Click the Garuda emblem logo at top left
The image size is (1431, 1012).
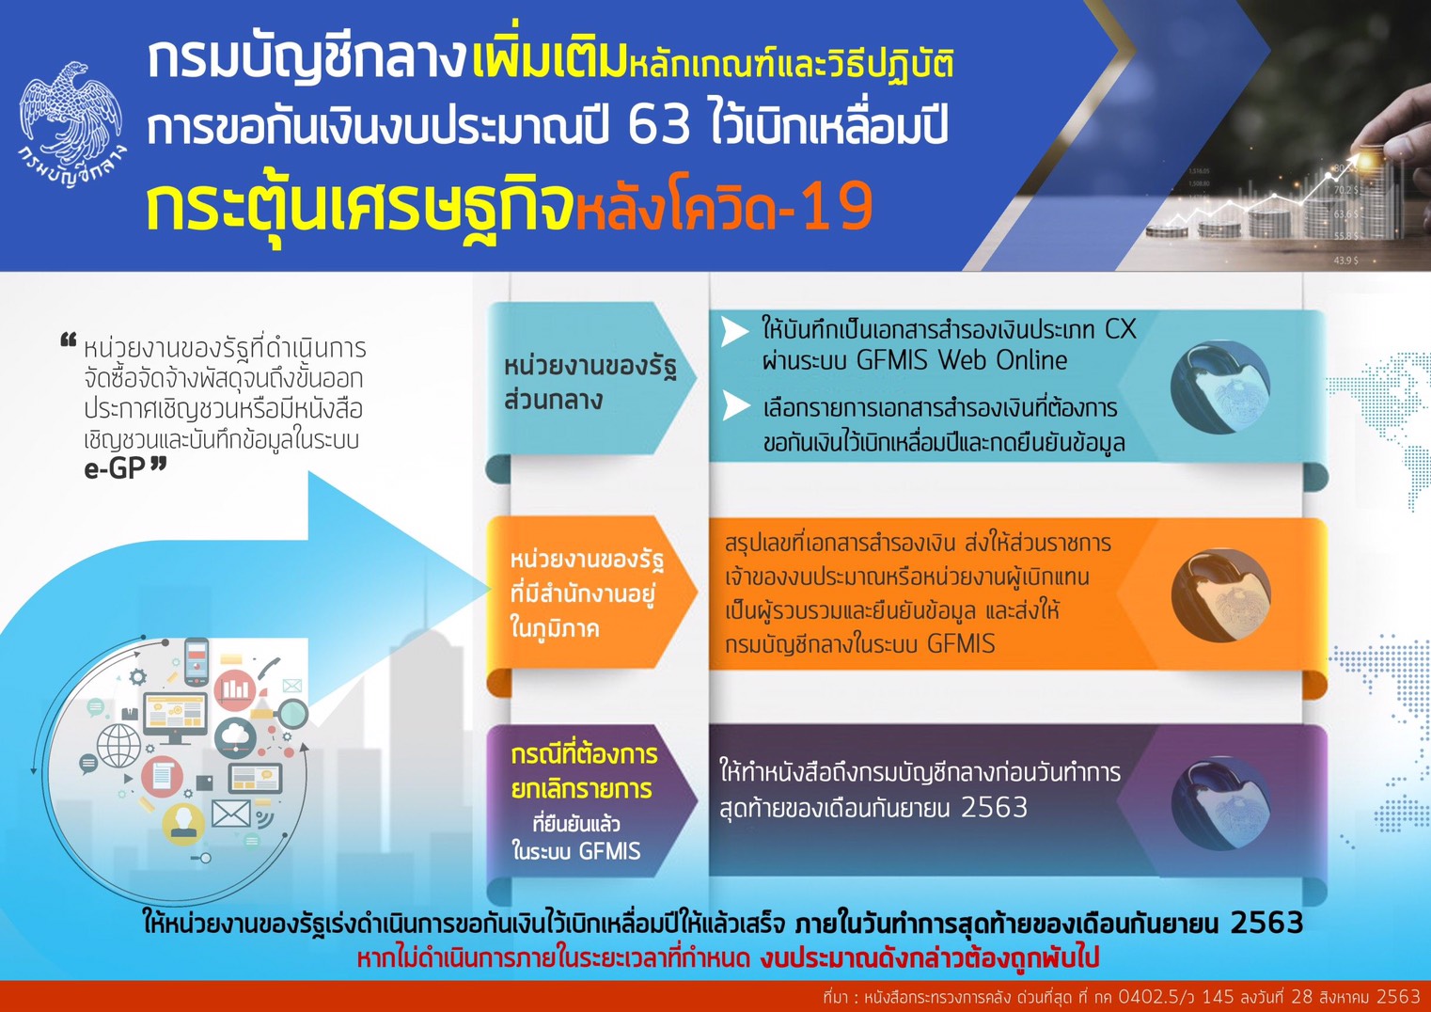click(x=71, y=124)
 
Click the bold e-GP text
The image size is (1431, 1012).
click(x=115, y=469)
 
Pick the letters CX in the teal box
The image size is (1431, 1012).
click(x=1120, y=330)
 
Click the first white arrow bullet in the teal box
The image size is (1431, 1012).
click(x=734, y=332)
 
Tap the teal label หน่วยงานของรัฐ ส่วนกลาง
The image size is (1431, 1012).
click(x=590, y=384)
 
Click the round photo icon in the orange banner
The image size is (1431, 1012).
click(x=1220, y=595)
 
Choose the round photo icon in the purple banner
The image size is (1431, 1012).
click(x=1220, y=803)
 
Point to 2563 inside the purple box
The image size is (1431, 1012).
click(x=994, y=808)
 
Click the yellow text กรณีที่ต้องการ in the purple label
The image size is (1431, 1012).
click(x=584, y=754)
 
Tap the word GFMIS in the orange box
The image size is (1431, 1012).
click(x=961, y=643)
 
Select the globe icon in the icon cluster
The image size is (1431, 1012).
click(x=119, y=746)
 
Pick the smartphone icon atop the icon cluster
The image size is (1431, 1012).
click(x=197, y=662)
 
